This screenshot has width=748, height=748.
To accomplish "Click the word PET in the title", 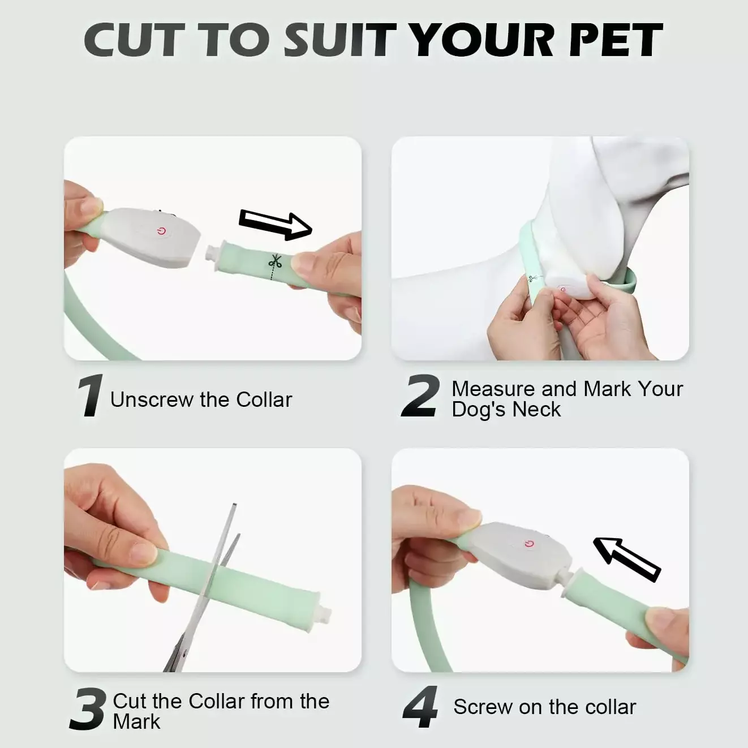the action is tap(614, 40).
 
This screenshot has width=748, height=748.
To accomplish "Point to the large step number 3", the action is tap(87, 709).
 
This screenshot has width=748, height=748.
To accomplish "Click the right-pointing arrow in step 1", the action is tap(275, 226).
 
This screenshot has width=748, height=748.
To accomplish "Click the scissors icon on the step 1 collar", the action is tap(275, 261).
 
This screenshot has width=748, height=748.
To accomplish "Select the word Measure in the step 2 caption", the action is tap(494, 389).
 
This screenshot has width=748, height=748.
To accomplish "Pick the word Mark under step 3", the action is tap(136, 721).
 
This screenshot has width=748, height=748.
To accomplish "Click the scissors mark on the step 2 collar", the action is tap(532, 278).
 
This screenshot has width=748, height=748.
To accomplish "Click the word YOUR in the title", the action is tap(483, 40).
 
